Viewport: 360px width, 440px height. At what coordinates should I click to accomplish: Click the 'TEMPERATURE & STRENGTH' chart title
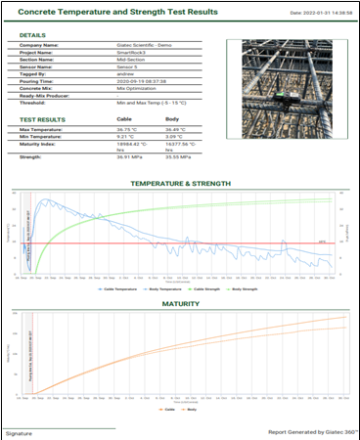click(x=180, y=184)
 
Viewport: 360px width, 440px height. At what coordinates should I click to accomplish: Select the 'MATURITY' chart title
click(x=180, y=304)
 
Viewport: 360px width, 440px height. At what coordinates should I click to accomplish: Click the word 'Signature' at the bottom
click(x=19, y=433)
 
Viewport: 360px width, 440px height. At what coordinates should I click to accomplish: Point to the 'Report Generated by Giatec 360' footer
click(x=311, y=432)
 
